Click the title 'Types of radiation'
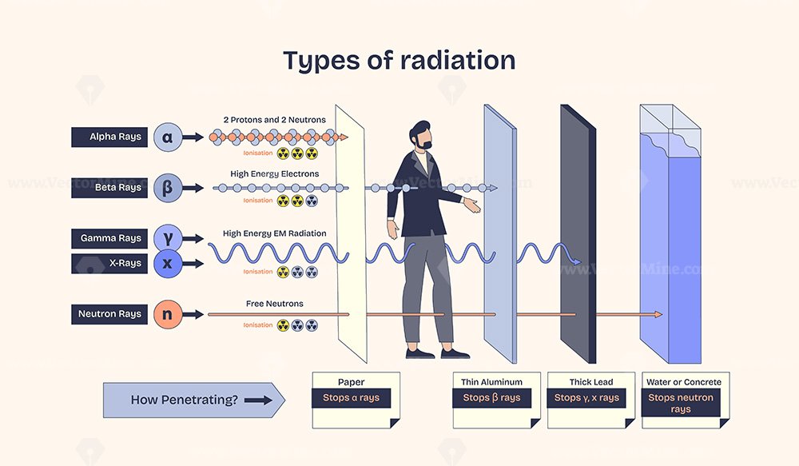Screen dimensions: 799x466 [399, 62]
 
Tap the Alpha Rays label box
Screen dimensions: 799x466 [109, 137]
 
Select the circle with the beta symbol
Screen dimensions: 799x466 [168, 188]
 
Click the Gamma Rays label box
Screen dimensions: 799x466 [109, 238]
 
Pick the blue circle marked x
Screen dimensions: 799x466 [168, 264]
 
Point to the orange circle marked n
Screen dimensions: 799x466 [168, 314]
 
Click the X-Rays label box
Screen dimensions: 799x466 [109, 264]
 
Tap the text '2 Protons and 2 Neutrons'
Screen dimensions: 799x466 [275, 120]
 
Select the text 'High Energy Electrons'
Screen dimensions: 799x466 [275, 174]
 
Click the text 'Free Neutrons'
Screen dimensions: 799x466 [275, 304]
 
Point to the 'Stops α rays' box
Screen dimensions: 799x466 [351, 398]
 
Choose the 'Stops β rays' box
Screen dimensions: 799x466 [491, 398]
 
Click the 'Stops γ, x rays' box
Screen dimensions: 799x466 [586, 398]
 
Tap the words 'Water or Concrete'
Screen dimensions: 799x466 [684, 382]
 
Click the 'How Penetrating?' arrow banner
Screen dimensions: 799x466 [194, 400]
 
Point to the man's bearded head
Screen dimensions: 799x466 [421, 136]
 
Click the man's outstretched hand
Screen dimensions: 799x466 [472, 205]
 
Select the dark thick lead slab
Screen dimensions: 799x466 [578, 234]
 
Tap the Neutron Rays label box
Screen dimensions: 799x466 [109, 314]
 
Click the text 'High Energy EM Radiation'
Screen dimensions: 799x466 [275, 233]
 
